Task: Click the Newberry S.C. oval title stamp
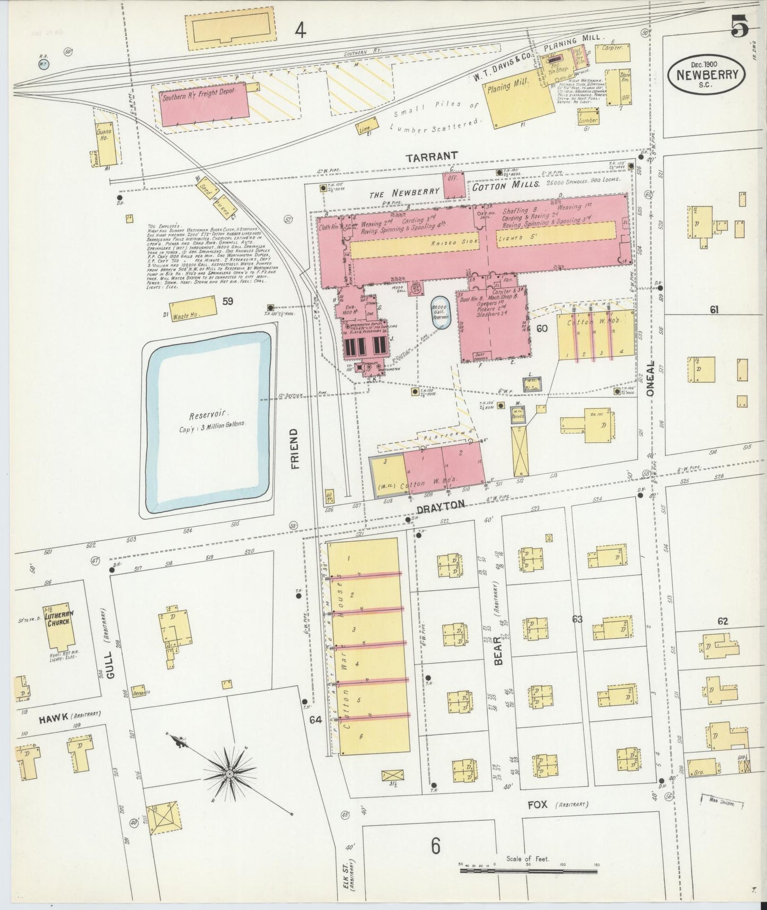pos(707,76)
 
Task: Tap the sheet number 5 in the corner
pos(739,26)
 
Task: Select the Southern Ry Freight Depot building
pos(205,104)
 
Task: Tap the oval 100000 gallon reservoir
pos(440,313)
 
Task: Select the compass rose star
pos(229,774)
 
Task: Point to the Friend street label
pos(295,449)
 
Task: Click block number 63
pos(578,619)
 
